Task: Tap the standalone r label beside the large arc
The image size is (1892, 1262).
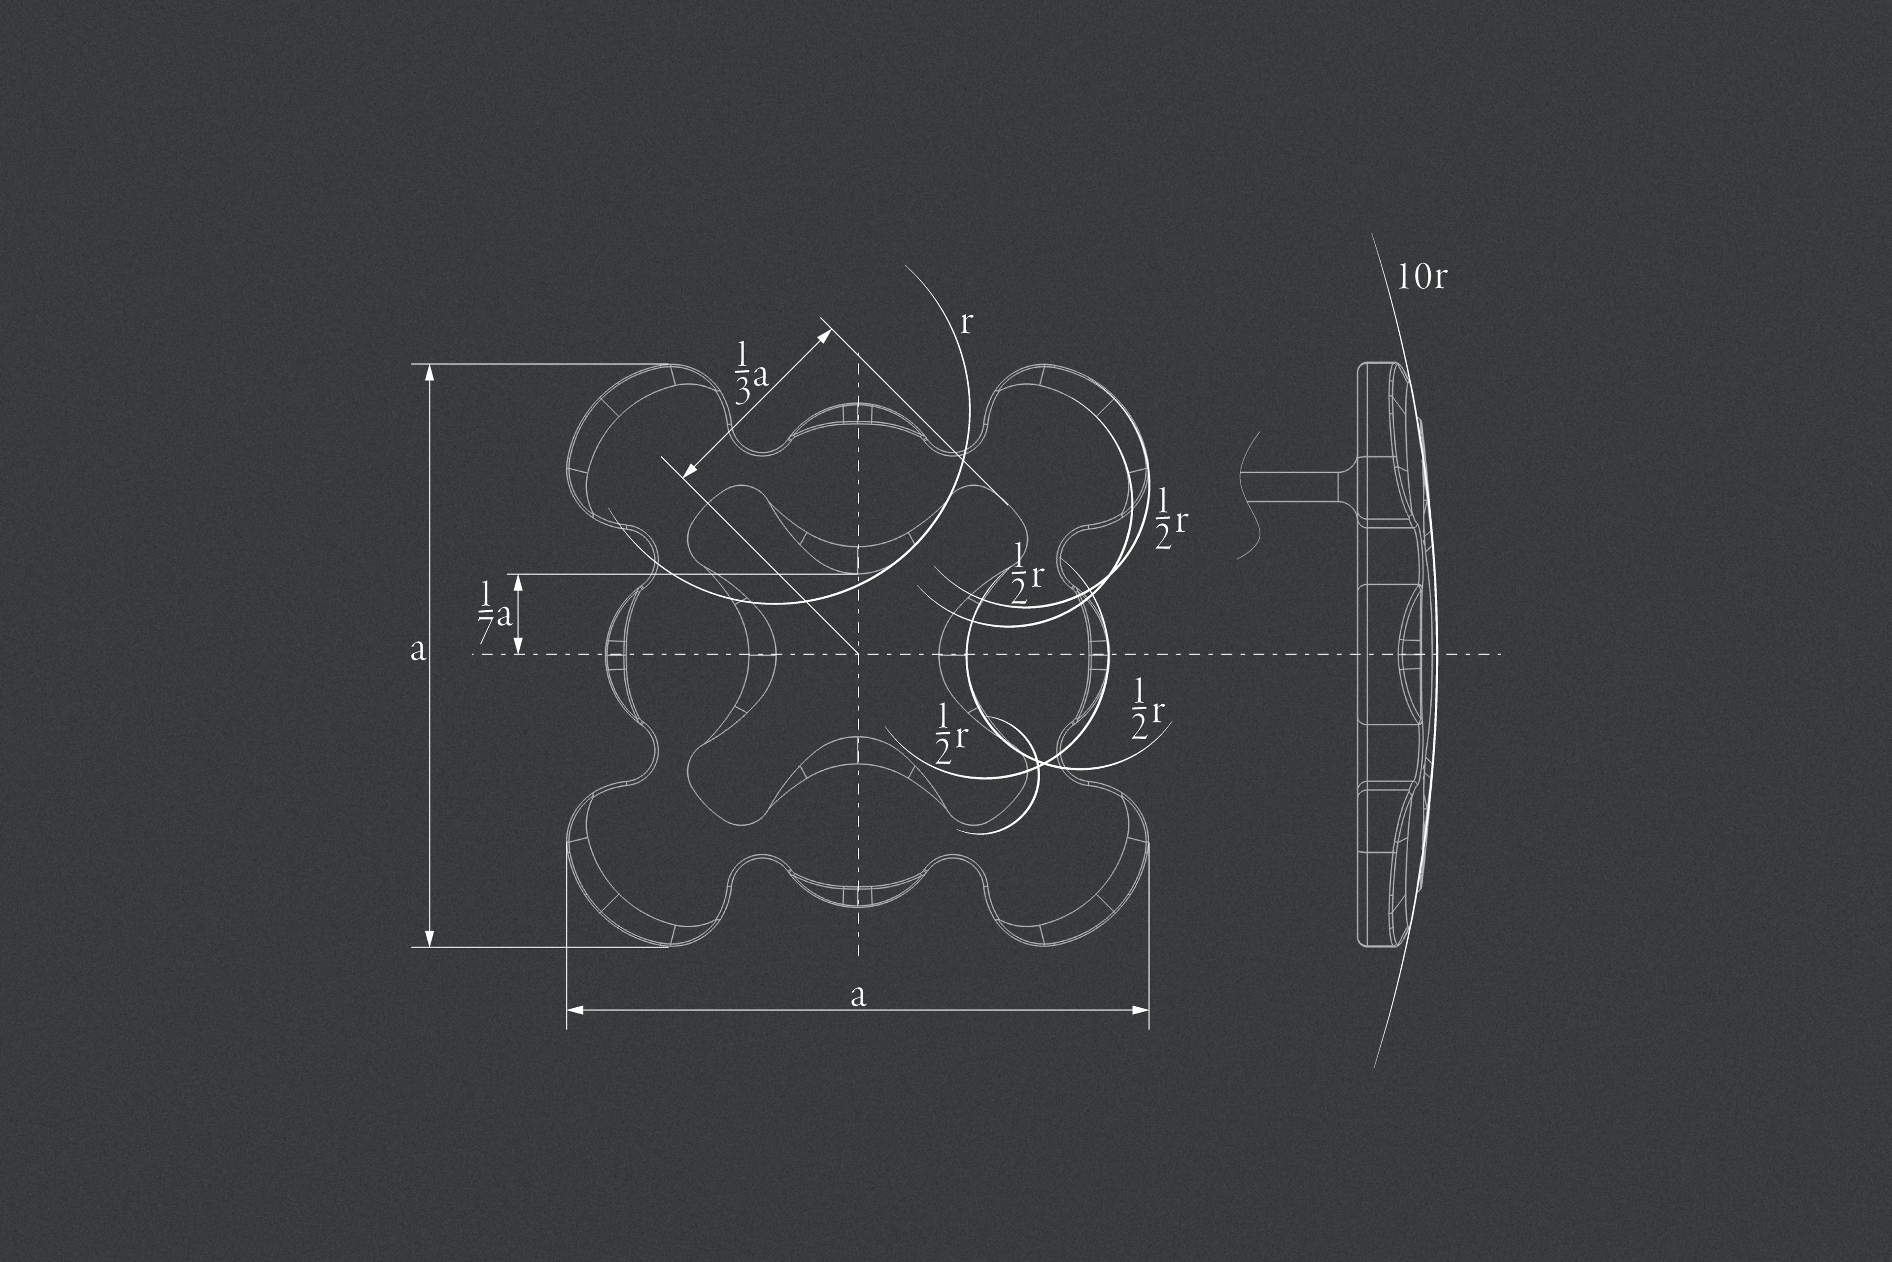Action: (x=967, y=323)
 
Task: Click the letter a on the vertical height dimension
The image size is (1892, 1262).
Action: (x=418, y=649)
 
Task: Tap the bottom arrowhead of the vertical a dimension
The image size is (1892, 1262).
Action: (x=429, y=938)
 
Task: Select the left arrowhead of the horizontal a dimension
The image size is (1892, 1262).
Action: (x=574, y=1009)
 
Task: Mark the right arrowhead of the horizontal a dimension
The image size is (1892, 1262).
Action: (x=1140, y=1009)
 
